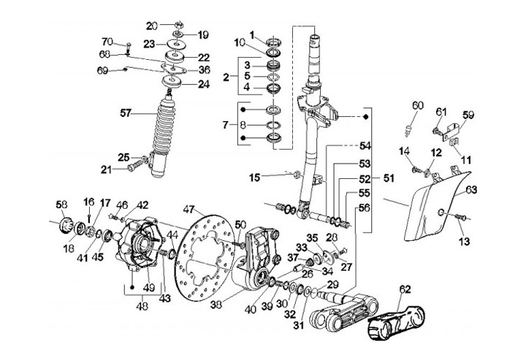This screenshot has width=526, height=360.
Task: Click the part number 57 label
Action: tap(127, 113)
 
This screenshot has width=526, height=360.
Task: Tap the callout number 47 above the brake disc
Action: tap(189, 209)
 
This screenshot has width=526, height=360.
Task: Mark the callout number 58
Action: tap(61, 204)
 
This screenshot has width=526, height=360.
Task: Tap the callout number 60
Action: tap(416, 107)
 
